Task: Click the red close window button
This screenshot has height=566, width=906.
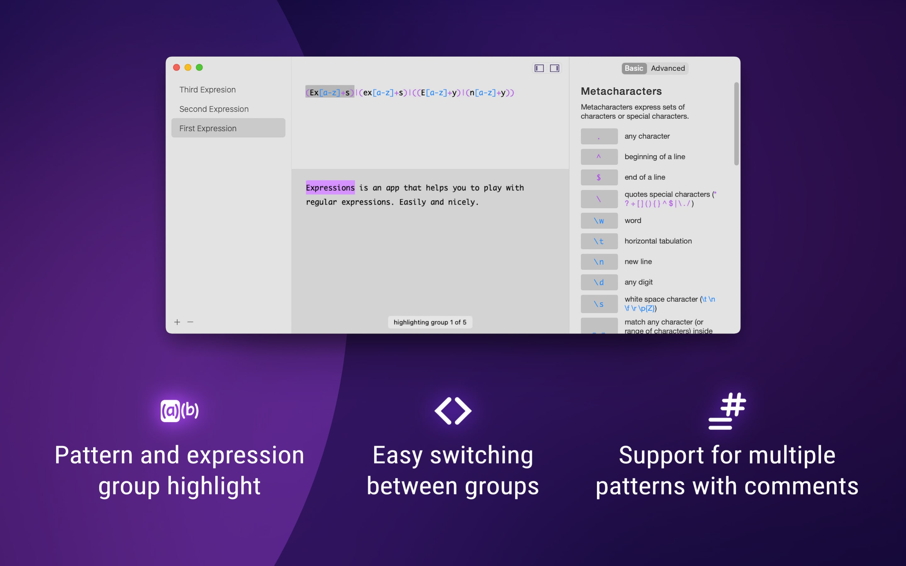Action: coord(176,67)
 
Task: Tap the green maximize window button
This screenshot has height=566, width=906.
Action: coord(199,67)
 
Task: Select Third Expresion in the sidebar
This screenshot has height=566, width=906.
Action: coord(207,90)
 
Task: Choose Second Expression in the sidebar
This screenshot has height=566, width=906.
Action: coord(214,109)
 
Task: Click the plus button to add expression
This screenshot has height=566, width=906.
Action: coord(177,322)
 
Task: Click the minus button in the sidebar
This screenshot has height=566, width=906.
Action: coord(190,322)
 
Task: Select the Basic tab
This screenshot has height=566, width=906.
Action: coord(634,68)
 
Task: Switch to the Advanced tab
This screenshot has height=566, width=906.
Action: coord(668,68)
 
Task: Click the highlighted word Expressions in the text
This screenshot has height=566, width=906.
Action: coord(330,187)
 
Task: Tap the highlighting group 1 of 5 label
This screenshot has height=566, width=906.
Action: coord(430,322)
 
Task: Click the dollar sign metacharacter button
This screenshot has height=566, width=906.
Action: coord(599,177)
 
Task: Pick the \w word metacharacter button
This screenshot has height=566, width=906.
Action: coord(599,220)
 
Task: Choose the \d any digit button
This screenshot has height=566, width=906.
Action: coord(599,282)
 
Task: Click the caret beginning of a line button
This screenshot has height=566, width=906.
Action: coord(599,157)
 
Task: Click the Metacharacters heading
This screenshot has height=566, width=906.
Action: coord(621,91)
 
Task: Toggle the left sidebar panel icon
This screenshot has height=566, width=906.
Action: coord(539,68)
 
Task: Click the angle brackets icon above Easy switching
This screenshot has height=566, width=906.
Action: coord(453,411)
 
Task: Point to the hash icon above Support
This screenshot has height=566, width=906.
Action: coord(727,411)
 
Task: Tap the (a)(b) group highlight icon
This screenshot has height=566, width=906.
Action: coord(179,411)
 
